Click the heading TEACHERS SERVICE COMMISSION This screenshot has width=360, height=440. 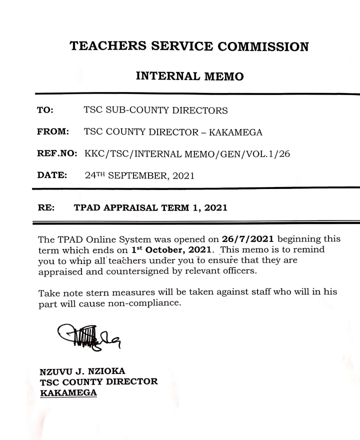[x=189, y=46]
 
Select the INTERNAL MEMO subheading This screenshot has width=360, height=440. [x=189, y=76]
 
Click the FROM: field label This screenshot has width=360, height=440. [x=53, y=132]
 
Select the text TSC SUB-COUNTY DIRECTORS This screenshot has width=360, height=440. [x=155, y=110]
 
